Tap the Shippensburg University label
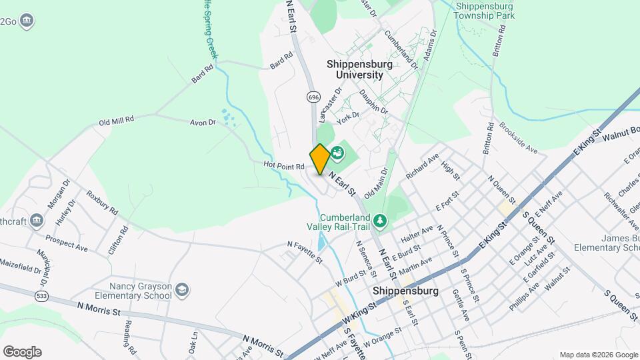pos(355,69)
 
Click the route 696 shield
pos(313,97)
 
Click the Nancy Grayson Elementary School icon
pos(182,290)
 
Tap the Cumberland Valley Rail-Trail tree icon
pos(379,220)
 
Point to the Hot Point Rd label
pos(283,165)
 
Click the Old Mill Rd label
pos(117,121)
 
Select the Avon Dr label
pos(203,123)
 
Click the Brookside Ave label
pos(518,139)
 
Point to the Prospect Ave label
pos(67,243)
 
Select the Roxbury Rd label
pos(102,202)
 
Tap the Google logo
pos(22,351)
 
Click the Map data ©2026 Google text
pos(598,355)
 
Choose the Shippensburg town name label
pos(405,291)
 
